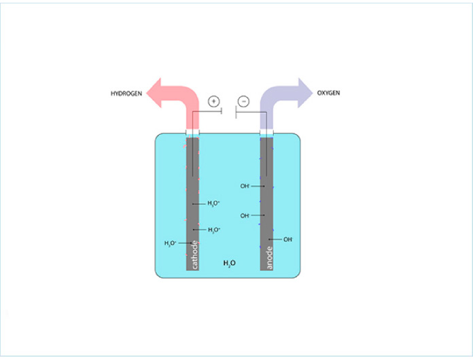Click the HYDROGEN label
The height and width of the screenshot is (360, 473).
click(x=126, y=93)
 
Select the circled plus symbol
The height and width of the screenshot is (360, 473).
click(x=214, y=102)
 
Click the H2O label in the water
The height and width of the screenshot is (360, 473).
click(x=230, y=262)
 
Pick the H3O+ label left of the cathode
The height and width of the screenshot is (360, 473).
click(x=171, y=243)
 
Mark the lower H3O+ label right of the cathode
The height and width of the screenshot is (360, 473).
click(x=214, y=230)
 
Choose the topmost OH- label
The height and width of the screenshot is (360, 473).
click(x=245, y=185)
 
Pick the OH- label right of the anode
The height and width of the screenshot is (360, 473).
click(x=288, y=240)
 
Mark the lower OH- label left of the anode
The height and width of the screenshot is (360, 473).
click(x=245, y=216)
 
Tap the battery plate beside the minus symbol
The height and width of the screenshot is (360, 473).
click(x=235, y=111)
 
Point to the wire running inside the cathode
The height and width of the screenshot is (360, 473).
click(x=193, y=160)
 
